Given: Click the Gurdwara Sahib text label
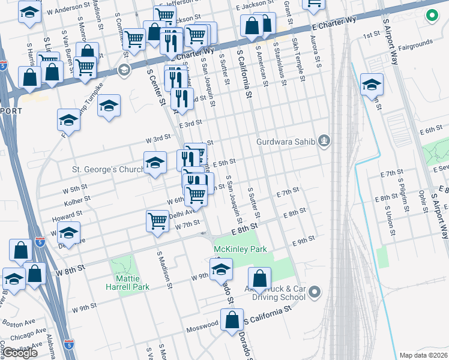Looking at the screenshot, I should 286,142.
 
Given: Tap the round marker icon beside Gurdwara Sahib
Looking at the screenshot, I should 325,141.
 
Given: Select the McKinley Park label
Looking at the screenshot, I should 241,249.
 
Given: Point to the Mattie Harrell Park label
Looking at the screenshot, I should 124,282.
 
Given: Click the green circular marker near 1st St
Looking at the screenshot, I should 431,16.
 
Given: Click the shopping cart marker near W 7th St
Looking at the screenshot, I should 157,220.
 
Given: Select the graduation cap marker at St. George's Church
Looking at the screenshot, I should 155,163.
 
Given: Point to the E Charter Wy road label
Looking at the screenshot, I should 334,24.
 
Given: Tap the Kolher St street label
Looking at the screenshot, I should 78,199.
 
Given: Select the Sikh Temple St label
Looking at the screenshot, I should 297,52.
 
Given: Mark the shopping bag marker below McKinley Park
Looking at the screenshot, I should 259,279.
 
